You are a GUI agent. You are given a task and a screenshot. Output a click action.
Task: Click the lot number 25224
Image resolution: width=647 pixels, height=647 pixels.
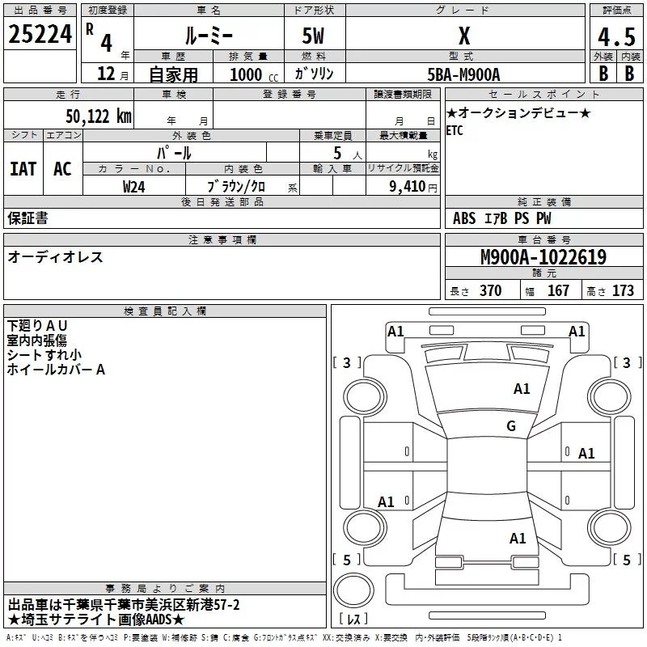[x=40, y=36]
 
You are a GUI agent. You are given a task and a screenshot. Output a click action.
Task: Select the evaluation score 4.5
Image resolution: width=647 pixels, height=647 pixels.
[x=615, y=37]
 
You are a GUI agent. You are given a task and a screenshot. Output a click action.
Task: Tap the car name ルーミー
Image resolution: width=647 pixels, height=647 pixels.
[x=208, y=36]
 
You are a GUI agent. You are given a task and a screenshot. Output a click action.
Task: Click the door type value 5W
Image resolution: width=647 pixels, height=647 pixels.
[x=314, y=36]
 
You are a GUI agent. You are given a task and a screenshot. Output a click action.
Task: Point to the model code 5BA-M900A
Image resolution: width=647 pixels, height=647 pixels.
[x=463, y=74]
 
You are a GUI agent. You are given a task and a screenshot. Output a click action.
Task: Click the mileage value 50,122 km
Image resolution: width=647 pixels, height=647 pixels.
[x=98, y=116]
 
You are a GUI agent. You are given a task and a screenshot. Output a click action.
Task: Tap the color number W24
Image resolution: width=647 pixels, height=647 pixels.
[x=134, y=186]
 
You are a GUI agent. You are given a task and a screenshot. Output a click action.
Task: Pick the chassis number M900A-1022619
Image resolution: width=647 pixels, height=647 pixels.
[x=543, y=257]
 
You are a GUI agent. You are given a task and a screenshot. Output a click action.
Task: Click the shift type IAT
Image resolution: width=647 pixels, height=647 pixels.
[x=23, y=168]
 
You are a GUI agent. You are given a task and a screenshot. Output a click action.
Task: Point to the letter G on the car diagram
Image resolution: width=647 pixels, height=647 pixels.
[x=510, y=426]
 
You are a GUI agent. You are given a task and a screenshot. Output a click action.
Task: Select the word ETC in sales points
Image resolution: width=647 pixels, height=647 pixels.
[x=455, y=131]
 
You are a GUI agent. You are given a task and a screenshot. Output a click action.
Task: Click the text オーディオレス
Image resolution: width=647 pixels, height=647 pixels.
[x=55, y=257]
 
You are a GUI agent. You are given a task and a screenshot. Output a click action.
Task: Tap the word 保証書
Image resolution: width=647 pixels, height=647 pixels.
[x=27, y=218]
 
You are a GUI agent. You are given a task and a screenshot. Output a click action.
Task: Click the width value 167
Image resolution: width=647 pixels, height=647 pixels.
[x=559, y=291]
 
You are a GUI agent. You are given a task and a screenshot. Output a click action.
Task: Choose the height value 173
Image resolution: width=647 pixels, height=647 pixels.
[x=623, y=291]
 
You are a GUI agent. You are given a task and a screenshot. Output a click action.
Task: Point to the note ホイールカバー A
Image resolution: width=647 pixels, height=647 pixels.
[x=56, y=370]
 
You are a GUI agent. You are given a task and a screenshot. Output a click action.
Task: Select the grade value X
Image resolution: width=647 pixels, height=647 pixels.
[x=463, y=36]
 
